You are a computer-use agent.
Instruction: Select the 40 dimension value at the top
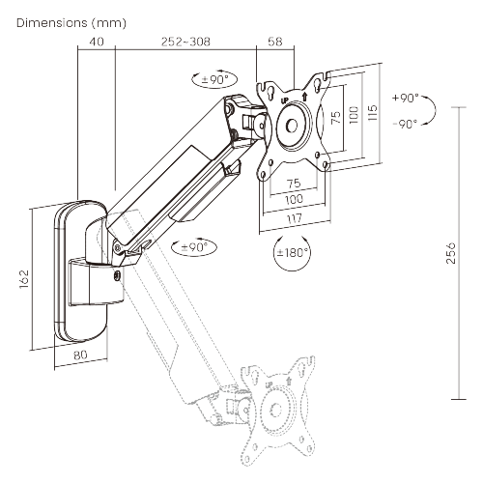tap(96, 42)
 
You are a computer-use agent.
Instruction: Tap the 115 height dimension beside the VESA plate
tap(372, 114)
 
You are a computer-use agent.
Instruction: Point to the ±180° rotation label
tap(293, 252)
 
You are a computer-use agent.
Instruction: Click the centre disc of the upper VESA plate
tap(292, 126)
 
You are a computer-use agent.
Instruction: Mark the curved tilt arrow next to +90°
tap(432, 111)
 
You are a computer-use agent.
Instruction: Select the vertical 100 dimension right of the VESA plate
tap(355, 116)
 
